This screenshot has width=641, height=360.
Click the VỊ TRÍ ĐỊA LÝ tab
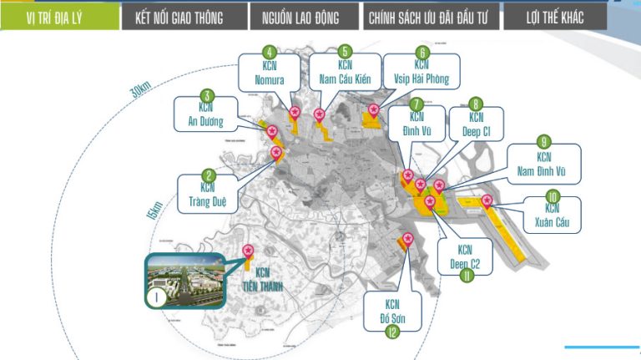[x=58, y=18]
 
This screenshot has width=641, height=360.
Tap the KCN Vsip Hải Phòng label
[x=421, y=74]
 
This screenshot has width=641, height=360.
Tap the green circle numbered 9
[x=543, y=141]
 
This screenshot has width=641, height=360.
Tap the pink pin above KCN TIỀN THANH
[x=248, y=250]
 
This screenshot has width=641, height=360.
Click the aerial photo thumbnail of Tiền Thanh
[x=182, y=280]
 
